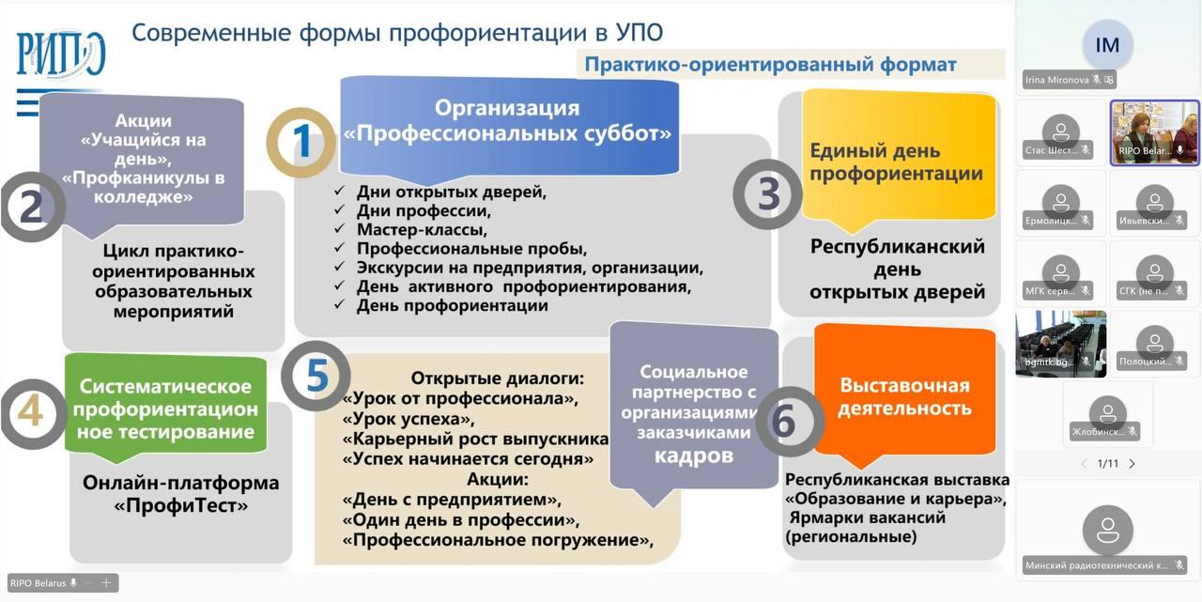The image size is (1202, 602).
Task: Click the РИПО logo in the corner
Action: (61, 54)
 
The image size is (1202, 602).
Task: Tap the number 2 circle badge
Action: (31, 207)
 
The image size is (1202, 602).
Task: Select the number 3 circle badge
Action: (768, 194)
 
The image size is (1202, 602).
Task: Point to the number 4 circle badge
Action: (31, 413)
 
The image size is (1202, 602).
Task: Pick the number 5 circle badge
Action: (316, 376)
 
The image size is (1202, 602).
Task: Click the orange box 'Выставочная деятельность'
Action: (904, 396)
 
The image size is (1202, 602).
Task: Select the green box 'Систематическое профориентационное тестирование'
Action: (165, 409)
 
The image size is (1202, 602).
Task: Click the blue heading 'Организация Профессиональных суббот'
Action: (508, 121)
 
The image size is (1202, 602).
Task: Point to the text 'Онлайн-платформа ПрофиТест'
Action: (180, 494)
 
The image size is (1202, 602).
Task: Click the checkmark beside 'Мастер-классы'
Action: (341, 229)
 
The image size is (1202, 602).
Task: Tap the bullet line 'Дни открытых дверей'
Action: (451, 192)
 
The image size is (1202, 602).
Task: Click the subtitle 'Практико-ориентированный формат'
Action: (770, 64)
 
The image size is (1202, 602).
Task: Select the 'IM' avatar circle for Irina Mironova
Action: (1108, 44)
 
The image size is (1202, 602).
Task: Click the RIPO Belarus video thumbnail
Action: (1154, 131)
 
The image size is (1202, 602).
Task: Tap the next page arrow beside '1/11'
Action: (1132, 464)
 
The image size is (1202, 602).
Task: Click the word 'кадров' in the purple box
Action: (694, 455)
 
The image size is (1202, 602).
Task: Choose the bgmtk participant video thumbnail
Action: (1061, 344)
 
